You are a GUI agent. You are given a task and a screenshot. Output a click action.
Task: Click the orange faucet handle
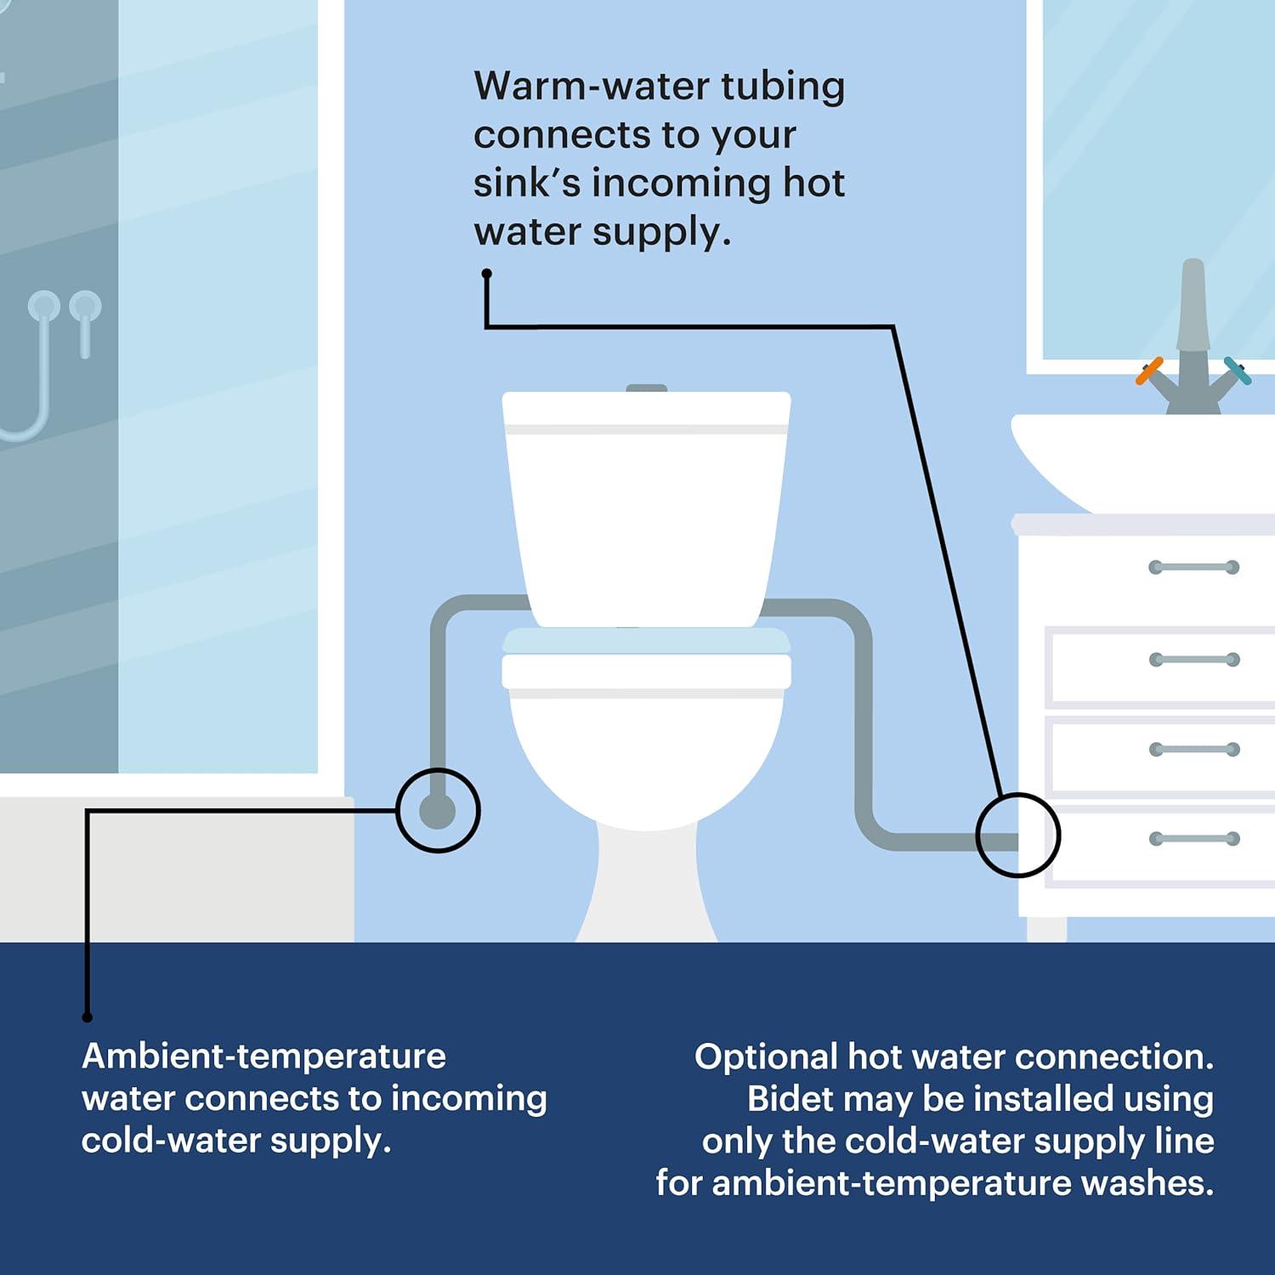(1149, 371)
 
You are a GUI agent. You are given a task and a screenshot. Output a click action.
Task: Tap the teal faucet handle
(1238, 371)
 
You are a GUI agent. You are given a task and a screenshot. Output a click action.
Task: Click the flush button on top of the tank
(647, 388)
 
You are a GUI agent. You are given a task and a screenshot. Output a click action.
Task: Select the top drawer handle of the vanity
(1193, 567)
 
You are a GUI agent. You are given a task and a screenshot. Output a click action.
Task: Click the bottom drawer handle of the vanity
(1193, 839)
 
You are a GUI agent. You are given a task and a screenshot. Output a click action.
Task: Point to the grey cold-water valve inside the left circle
(437, 811)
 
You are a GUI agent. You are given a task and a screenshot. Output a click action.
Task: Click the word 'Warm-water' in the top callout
(592, 86)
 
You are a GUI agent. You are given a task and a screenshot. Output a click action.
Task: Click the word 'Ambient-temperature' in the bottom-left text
(263, 1057)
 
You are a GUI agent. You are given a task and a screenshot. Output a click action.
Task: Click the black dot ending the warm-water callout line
(486, 274)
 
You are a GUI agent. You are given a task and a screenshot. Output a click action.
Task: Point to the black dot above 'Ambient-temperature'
(87, 1017)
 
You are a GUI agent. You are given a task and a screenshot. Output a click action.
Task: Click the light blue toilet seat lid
(647, 641)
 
